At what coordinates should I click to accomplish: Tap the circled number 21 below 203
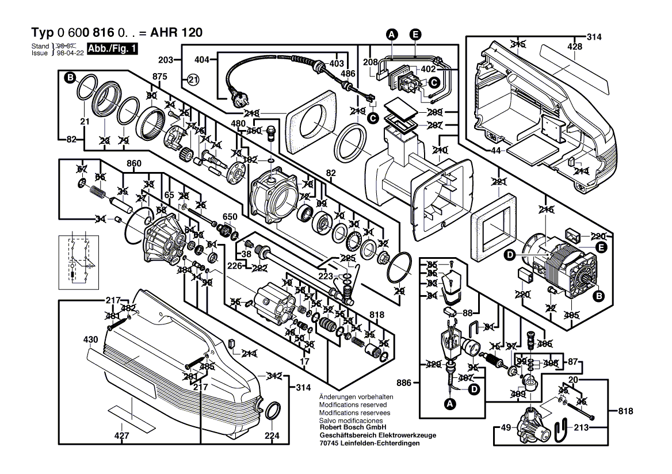pyautogui.click(x=192, y=81)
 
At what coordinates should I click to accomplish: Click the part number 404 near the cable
pyautogui.click(x=201, y=60)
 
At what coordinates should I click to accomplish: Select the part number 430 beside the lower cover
pyautogui.click(x=90, y=340)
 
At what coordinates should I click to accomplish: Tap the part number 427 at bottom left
pyautogui.click(x=121, y=437)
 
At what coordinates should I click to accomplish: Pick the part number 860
pyautogui.click(x=133, y=164)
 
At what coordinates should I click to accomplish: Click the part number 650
pyautogui.click(x=230, y=216)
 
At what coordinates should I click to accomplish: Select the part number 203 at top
pyautogui.click(x=166, y=60)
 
